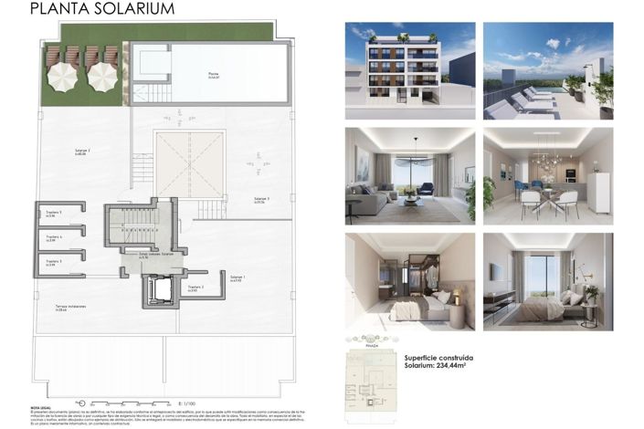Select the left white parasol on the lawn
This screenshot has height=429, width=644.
tap(61, 79)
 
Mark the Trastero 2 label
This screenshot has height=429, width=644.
tap(196, 288)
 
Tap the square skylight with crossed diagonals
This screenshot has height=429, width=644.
tap(189, 163)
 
